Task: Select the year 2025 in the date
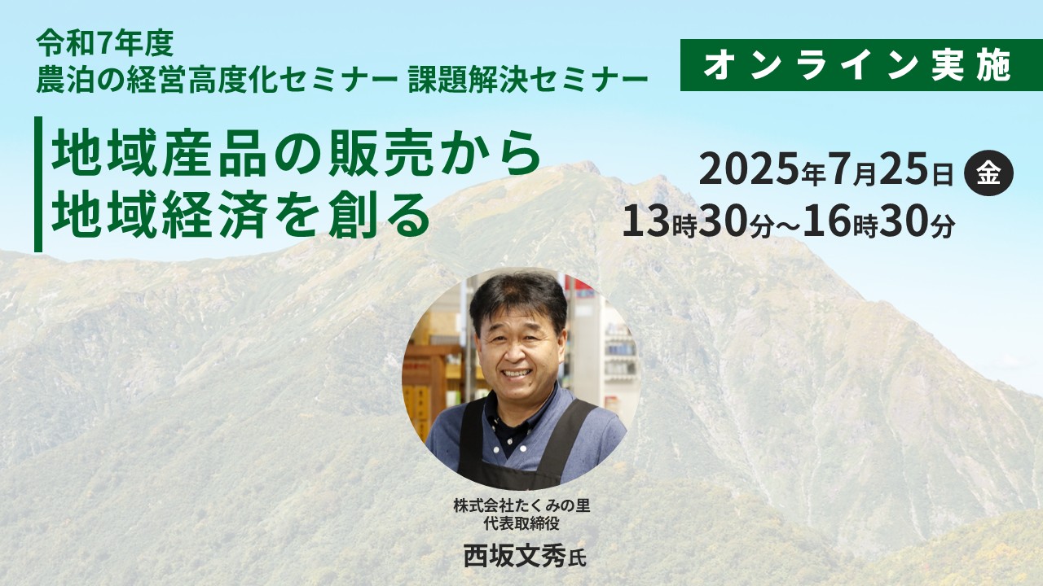(750, 171)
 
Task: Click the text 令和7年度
(105, 43)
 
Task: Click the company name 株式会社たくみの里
(521, 505)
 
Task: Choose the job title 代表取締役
(521, 523)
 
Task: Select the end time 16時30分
(879, 223)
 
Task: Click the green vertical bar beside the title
(38, 184)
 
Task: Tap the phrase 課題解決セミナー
(528, 80)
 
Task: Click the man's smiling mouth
(517, 372)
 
